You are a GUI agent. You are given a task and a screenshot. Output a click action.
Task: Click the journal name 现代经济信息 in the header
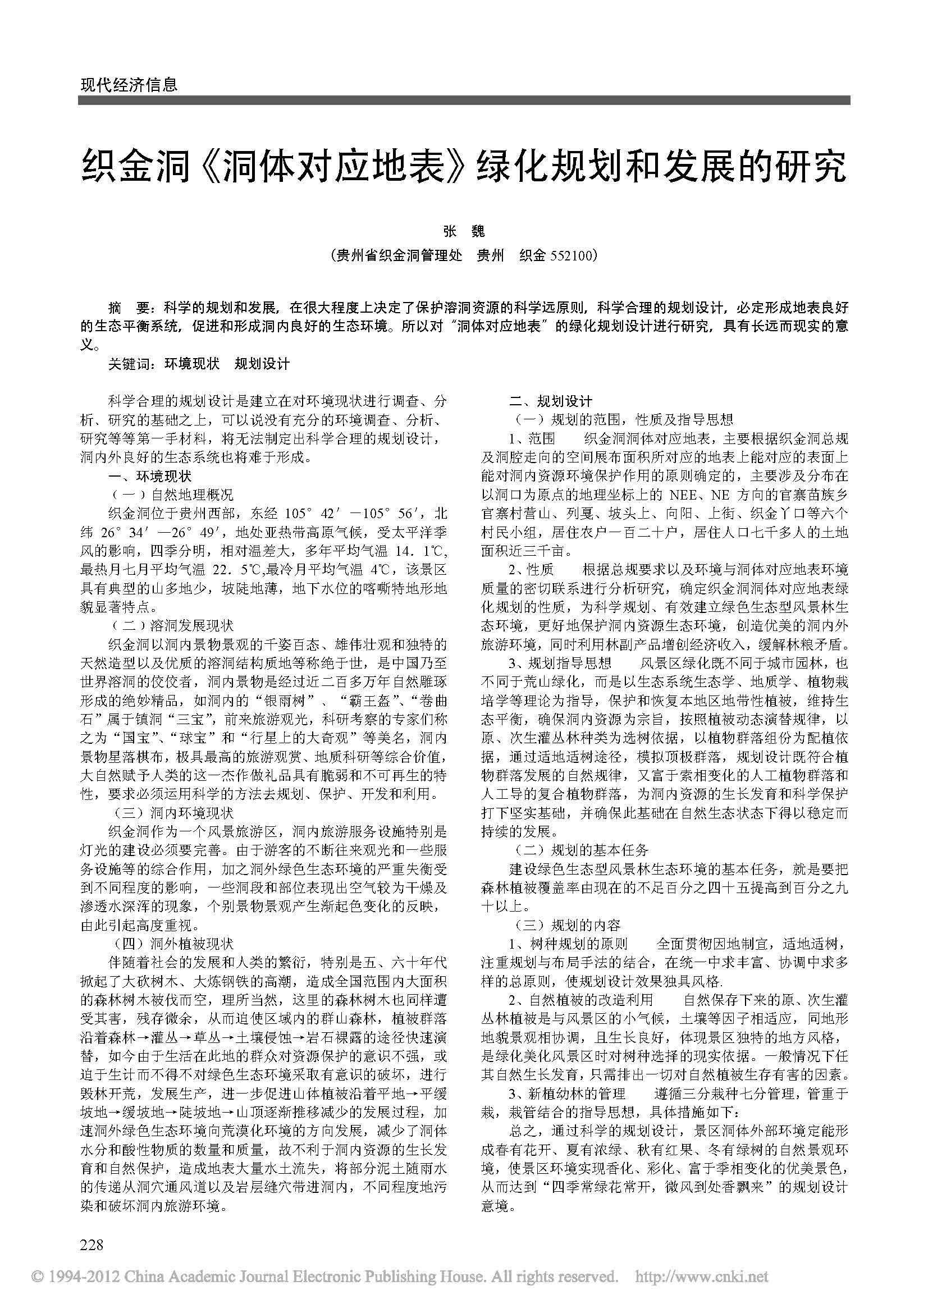pos(129,85)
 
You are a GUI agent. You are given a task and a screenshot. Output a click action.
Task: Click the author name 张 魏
pos(464,231)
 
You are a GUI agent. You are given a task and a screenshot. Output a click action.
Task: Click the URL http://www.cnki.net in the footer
pos(702,1276)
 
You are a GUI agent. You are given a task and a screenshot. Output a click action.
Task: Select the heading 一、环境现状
pos(150,476)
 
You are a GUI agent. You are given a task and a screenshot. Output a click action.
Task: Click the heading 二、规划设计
pos(551,401)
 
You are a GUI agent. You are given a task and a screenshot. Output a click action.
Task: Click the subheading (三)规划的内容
pos(565,925)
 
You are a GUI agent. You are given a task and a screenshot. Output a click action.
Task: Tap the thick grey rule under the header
pos(464,100)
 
